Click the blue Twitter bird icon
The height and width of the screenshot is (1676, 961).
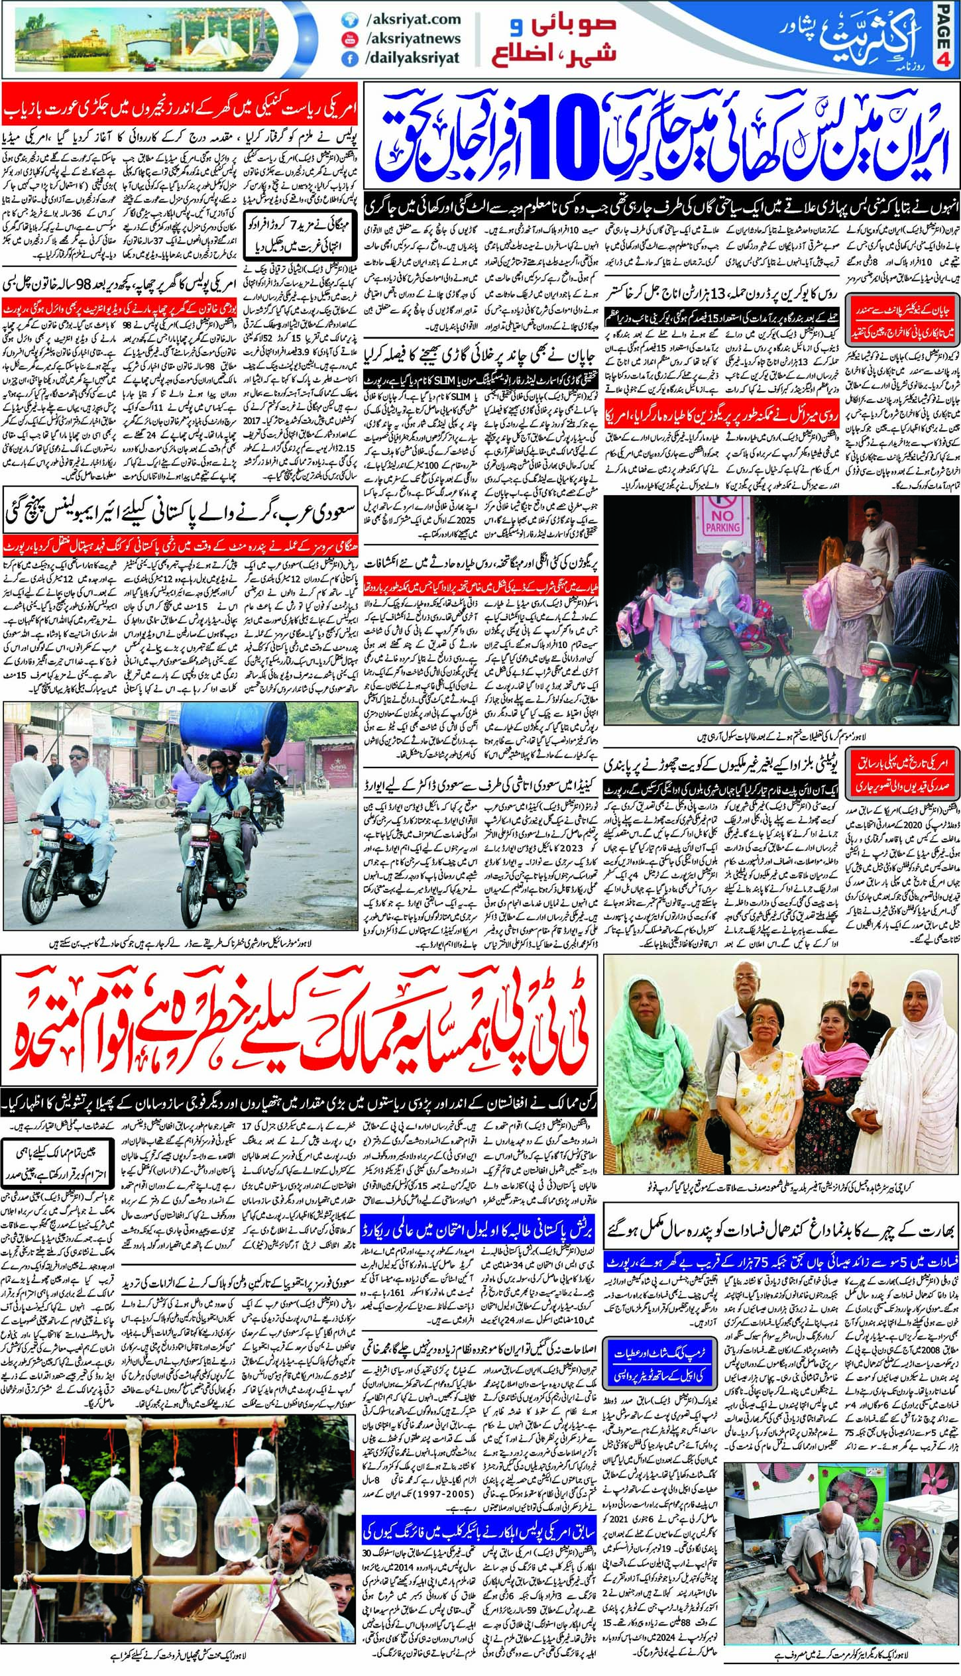click(349, 21)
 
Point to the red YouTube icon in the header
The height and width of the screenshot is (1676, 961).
click(349, 39)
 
